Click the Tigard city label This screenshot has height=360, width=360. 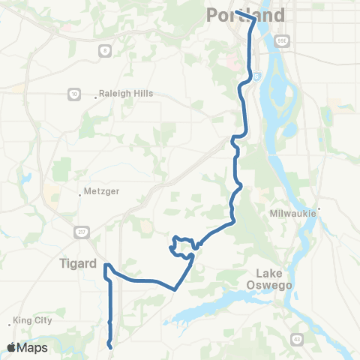pos(79,263)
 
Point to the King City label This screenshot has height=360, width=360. pos(33,320)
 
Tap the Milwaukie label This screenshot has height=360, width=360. pos(295,214)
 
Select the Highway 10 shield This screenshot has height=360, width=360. pos(74,94)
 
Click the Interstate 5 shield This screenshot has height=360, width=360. pos(257,75)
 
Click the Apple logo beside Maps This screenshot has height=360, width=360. pos(11,347)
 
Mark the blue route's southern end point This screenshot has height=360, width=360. pos(111,347)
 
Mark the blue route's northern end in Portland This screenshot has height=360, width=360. pos(235,12)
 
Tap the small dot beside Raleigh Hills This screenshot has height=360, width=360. pos(97,95)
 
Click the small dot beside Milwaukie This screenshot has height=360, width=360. pos(319,208)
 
